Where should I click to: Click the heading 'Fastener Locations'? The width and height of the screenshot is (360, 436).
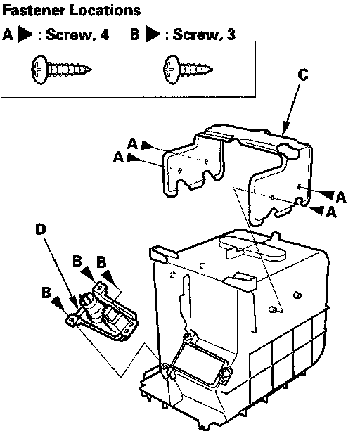(x=71, y=11)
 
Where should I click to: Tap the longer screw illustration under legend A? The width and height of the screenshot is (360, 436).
(x=61, y=69)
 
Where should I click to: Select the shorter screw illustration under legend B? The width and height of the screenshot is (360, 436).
(x=188, y=69)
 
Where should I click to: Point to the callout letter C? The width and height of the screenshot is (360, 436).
(x=303, y=75)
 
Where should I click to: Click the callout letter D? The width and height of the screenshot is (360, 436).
(x=41, y=229)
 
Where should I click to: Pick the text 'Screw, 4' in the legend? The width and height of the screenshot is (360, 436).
(x=77, y=34)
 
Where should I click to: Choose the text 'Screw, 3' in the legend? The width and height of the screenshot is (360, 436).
(x=204, y=34)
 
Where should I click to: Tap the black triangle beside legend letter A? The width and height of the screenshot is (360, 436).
(x=25, y=34)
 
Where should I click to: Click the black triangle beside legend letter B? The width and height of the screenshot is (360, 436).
(x=153, y=34)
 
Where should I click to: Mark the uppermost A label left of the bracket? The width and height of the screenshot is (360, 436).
(x=133, y=144)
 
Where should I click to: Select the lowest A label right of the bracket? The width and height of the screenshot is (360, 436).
(x=330, y=212)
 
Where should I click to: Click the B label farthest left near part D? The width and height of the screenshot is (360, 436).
(x=46, y=293)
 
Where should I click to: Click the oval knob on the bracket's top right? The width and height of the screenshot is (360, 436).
(x=288, y=151)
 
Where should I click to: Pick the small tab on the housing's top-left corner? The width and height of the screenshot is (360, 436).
(x=163, y=253)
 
